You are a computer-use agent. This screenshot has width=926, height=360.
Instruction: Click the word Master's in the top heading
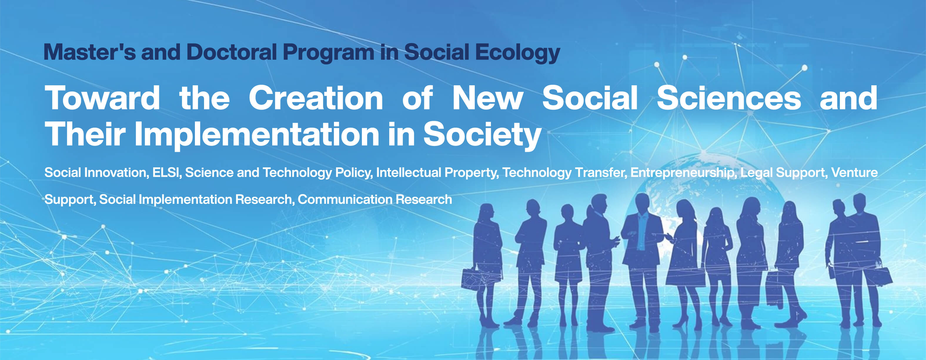coord(90,52)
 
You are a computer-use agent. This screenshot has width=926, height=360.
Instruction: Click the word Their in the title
coord(85,134)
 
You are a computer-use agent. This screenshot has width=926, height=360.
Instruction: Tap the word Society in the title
coord(482,136)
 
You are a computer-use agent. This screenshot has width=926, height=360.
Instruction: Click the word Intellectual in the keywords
coord(409,173)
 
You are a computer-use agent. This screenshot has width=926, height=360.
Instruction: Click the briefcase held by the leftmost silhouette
coord(472,279)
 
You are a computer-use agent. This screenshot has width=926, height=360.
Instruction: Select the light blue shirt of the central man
coord(642,232)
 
